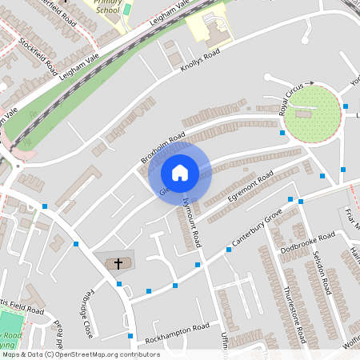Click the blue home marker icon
point(180,173)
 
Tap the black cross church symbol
point(118,262)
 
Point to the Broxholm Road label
point(163,147)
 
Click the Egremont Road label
point(251,185)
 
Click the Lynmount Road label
point(196,221)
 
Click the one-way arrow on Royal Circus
point(310,82)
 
